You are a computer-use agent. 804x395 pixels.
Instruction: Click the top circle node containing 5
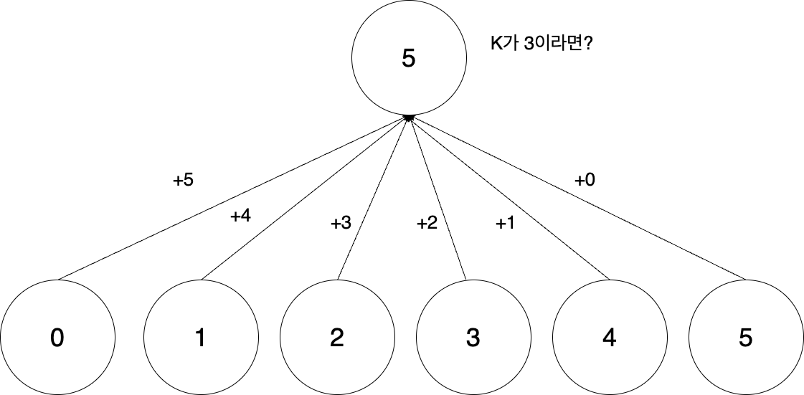tap(408, 59)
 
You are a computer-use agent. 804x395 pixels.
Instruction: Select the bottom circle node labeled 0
tap(57, 337)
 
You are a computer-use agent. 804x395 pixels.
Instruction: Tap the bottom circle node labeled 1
tap(201, 337)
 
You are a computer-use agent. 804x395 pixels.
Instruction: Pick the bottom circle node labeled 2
tap(337, 337)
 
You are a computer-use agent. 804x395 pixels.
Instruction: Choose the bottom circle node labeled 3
tap(473, 337)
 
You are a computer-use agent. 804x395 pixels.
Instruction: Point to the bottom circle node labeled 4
tap(609, 337)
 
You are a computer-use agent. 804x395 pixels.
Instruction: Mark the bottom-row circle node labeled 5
tap(745, 337)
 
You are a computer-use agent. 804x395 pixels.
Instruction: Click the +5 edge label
tap(183, 181)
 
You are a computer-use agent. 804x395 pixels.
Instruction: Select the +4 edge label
tap(240, 216)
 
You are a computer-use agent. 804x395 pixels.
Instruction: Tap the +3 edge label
tap(341, 224)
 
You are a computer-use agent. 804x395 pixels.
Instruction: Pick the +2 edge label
tap(427, 224)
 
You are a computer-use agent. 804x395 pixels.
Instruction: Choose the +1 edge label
tap(506, 224)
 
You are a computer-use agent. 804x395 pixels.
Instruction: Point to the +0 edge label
tap(585, 181)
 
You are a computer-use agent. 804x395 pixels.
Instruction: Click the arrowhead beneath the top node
tap(409, 116)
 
